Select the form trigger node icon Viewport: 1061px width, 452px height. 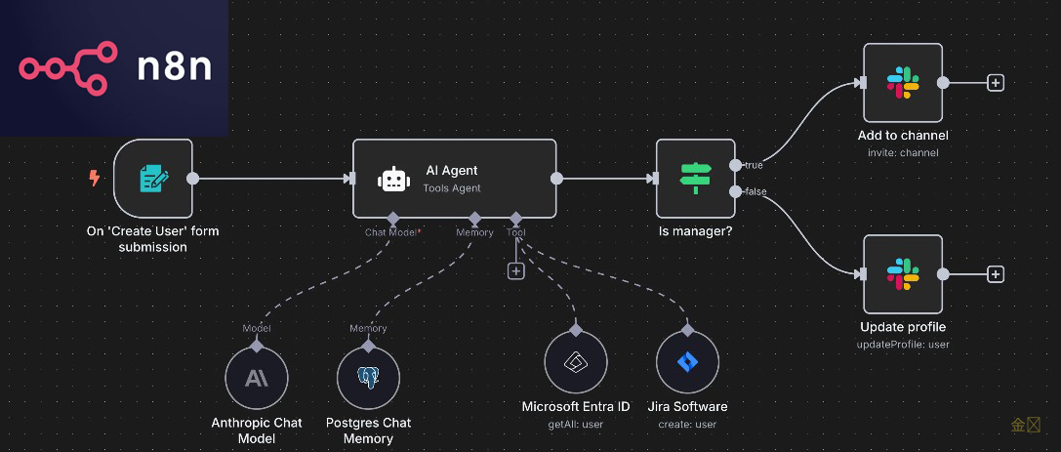coord(153,179)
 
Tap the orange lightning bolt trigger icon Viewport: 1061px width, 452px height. coord(95,179)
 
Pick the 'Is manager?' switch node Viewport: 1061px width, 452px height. coord(695,179)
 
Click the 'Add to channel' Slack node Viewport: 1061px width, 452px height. coord(903,83)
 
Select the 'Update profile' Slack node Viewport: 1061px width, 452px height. coord(903,274)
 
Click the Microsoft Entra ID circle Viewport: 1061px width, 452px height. coord(576,363)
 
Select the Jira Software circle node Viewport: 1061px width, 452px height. coord(688,363)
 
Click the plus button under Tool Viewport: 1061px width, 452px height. coord(516,270)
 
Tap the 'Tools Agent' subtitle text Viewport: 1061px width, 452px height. coord(452,188)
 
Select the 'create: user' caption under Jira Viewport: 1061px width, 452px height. coord(688,424)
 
